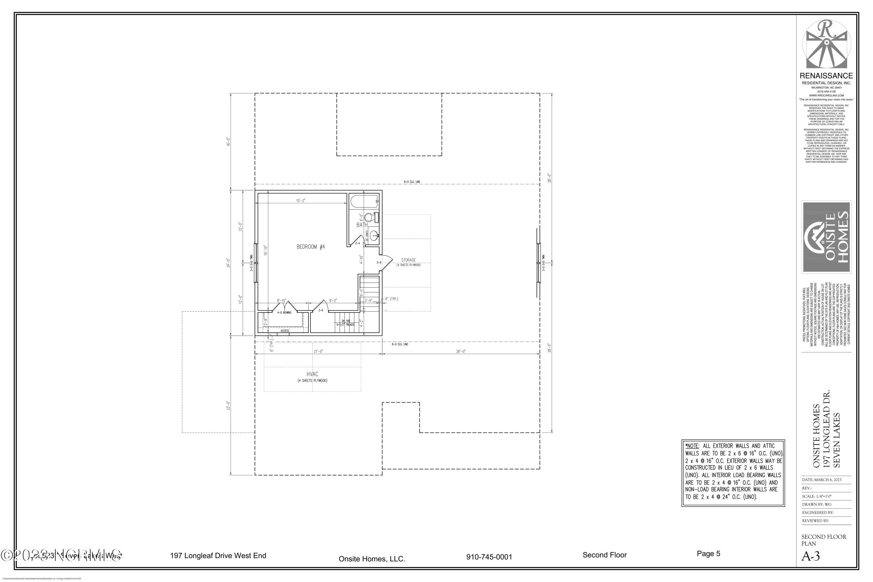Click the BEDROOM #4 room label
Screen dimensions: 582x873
pyautogui.click(x=311, y=247)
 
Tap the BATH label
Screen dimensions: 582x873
pyautogui.click(x=362, y=225)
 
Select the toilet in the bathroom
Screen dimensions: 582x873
pyautogui.click(x=370, y=217)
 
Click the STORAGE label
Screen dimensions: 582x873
pyautogui.click(x=408, y=260)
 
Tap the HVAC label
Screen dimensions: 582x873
pyautogui.click(x=312, y=374)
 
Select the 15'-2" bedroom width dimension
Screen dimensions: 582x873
pyautogui.click(x=301, y=200)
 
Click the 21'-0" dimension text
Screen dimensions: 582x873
pyautogui.click(x=318, y=351)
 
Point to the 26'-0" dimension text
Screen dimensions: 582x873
pyautogui.click(x=461, y=351)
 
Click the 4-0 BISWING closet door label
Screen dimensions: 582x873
pyautogui.click(x=284, y=313)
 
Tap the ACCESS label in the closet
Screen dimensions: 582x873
pyautogui.click(x=285, y=331)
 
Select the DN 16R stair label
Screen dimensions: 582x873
pyautogui.click(x=346, y=321)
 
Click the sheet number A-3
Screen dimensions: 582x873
pyautogui.click(x=811, y=556)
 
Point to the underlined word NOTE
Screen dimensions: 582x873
pyautogui.click(x=693, y=446)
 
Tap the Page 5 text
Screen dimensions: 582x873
pyautogui.click(x=708, y=553)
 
